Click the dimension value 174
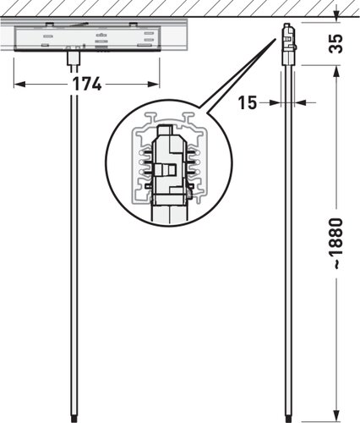point(87,84)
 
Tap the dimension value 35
point(335,44)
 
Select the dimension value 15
point(248,102)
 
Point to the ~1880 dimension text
point(336,244)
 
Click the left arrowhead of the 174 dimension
point(19,84)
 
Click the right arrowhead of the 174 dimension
point(154,84)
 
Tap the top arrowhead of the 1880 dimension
point(336,72)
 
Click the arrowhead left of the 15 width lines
point(275,103)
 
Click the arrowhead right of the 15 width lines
point(300,103)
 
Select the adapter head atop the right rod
point(289,44)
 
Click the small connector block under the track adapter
point(74,58)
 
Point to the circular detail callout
point(169,162)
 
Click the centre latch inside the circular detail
point(166,170)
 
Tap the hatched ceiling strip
point(180,8)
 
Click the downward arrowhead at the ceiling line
point(336,14)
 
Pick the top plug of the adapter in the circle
point(166,130)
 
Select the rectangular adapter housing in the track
point(88,39)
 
